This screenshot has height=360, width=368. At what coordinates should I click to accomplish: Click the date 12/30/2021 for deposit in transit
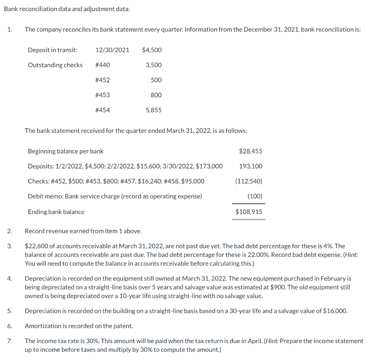(112, 50)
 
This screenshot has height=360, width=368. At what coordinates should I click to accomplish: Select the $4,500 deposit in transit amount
(152, 50)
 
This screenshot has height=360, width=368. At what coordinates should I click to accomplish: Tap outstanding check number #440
(102, 65)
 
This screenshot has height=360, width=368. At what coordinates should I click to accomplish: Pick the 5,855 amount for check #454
(153, 110)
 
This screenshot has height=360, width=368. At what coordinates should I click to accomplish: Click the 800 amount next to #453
(156, 95)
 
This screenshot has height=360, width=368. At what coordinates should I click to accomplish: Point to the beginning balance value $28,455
(250, 151)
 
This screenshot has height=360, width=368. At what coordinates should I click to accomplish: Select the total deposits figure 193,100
(250, 166)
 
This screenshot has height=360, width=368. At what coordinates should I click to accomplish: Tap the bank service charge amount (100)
(255, 197)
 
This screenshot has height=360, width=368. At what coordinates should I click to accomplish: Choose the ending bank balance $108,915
(249, 212)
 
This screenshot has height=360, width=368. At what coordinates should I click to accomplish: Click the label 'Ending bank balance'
(56, 212)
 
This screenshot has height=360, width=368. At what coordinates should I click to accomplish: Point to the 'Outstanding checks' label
(55, 65)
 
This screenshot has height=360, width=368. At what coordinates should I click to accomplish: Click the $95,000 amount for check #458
(194, 181)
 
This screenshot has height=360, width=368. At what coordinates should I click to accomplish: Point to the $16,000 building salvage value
(335, 311)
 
